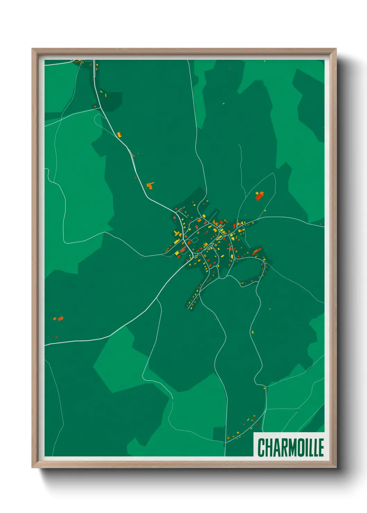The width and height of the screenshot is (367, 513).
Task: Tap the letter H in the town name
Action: pos(269,447)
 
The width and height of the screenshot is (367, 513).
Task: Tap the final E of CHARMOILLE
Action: pos(321,447)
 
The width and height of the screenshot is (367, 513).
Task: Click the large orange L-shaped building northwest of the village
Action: pos(150,185)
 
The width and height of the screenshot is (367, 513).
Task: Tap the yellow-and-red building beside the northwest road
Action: pos(120,134)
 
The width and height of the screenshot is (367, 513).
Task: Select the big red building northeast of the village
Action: pos(259,197)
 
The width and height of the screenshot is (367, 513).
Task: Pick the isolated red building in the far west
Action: pos(60,318)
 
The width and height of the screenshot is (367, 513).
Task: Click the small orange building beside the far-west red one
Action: pos(54,319)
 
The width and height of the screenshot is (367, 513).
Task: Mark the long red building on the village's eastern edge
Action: pos(256,251)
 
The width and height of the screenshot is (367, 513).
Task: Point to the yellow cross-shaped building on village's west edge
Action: pos(177,234)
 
